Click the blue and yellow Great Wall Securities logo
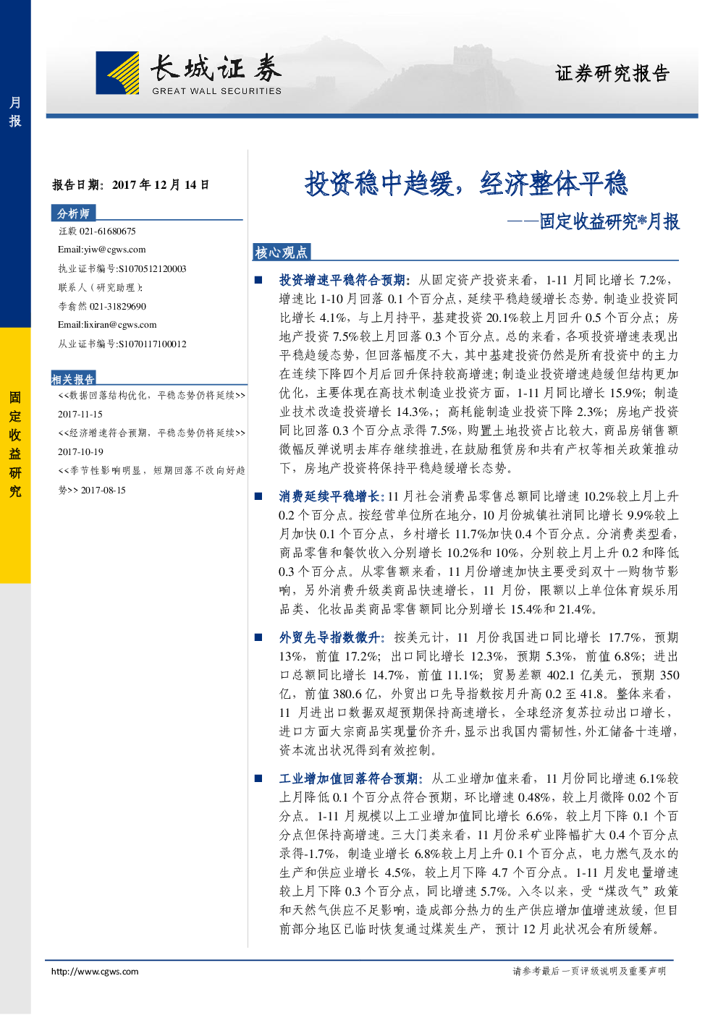click(117, 72)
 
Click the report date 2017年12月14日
click(161, 185)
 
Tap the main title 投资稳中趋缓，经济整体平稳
click(466, 184)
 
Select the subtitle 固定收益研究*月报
click(609, 221)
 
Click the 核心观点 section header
click(281, 252)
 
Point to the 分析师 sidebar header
click(73, 213)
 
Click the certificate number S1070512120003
click(152, 268)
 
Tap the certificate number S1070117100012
click(152, 344)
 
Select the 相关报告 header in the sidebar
click(73, 379)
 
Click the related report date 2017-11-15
click(80, 414)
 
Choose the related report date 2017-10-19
click(80, 451)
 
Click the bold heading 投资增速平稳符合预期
click(342, 280)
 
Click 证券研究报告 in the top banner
click(612, 73)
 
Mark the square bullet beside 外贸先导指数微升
click(258, 637)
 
